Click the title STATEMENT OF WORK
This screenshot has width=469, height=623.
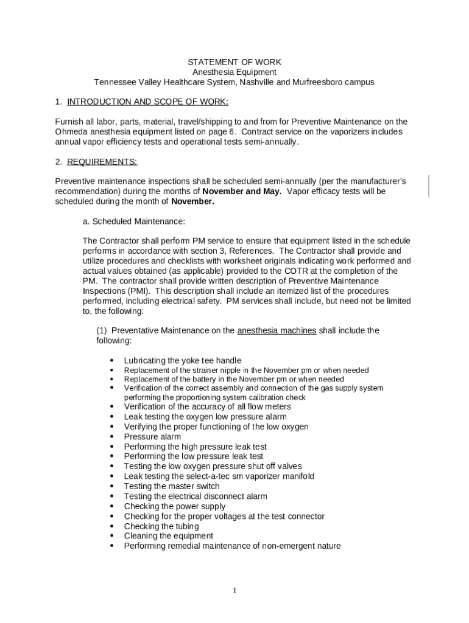pyautogui.click(x=234, y=62)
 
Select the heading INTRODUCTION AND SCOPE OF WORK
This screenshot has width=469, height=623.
pyautogui.click(x=147, y=102)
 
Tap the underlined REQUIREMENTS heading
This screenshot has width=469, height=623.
pyautogui.click(x=102, y=162)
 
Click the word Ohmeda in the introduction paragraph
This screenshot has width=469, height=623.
pyautogui.click(x=72, y=131)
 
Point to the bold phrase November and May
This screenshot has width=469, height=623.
pyautogui.click(x=242, y=192)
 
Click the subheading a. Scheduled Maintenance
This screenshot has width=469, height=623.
pyautogui.click(x=133, y=221)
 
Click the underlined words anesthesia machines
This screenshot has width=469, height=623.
pyautogui.click(x=277, y=331)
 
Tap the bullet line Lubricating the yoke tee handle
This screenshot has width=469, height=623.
pyautogui.click(x=182, y=361)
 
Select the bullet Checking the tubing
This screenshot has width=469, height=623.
pyautogui.click(x=161, y=526)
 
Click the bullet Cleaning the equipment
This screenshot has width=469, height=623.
pyautogui.click(x=169, y=536)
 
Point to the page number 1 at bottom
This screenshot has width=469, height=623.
pyautogui.click(x=234, y=591)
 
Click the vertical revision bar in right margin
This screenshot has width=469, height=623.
pyautogui.click(x=429, y=186)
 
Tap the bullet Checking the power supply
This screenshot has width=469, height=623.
pyautogui.click(x=175, y=506)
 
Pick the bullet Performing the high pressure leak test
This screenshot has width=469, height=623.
pyautogui.click(x=196, y=447)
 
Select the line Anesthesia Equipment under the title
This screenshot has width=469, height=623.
pyautogui.click(x=234, y=72)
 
